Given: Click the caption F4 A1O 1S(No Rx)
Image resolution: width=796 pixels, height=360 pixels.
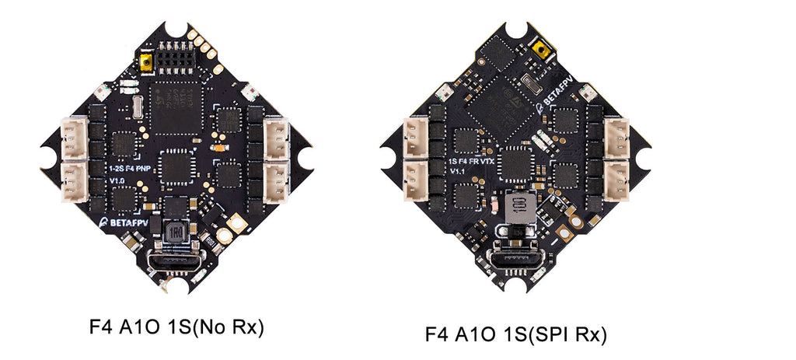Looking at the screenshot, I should click(177, 327).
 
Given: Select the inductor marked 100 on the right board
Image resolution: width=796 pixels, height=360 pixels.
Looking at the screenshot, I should click(515, 208).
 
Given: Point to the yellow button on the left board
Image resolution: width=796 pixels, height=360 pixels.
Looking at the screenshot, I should click(145, 61).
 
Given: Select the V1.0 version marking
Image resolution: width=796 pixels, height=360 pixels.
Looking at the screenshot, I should click(117, 180).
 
